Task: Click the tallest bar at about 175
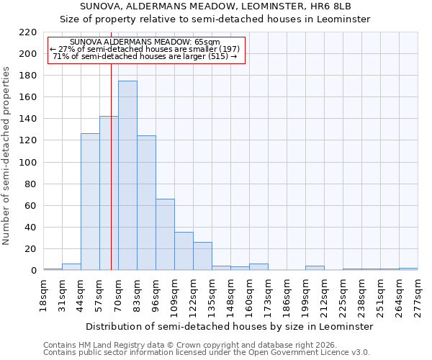click(127, 176)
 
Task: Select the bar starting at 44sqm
click(90, 202)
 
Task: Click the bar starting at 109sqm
click(184, 251)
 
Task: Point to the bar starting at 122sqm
click(202, 256)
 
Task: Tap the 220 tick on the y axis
click(28, 32)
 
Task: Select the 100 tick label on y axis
click(28, 163)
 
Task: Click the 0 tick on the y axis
click(33, 271)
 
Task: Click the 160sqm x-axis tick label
click(249, 295)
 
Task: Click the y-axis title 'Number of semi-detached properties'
click(6, 156)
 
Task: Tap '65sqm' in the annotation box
click(207, 42)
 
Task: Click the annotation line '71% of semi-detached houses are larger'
click(145, 56)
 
